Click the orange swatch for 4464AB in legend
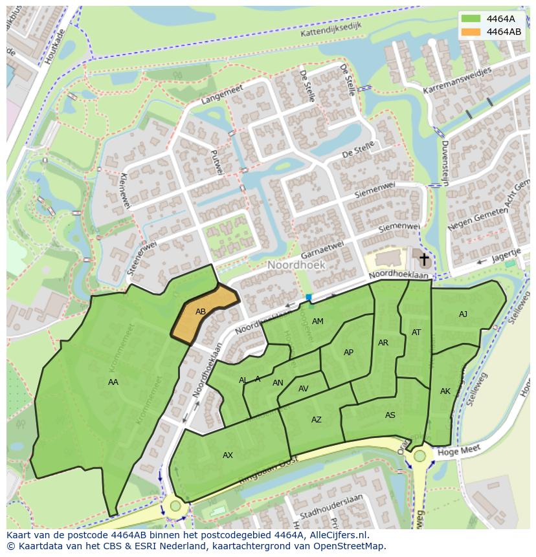click(471, 32)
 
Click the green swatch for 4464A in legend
click(471, 19)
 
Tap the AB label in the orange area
click(201, 312)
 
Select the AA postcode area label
click(113, 382)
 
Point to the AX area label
click(228, 455)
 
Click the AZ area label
click(316, 420)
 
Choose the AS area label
click(390, 415)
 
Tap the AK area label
click(445, 391)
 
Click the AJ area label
click(463, 314)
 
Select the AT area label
click(416, 333)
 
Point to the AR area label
click(383, 343)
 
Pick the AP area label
click(348, 353)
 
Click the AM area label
click(317, 322)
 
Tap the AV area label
click(303, 389)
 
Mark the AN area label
click(278, 383)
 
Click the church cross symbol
click(424, 260)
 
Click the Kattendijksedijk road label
click(330, 28)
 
